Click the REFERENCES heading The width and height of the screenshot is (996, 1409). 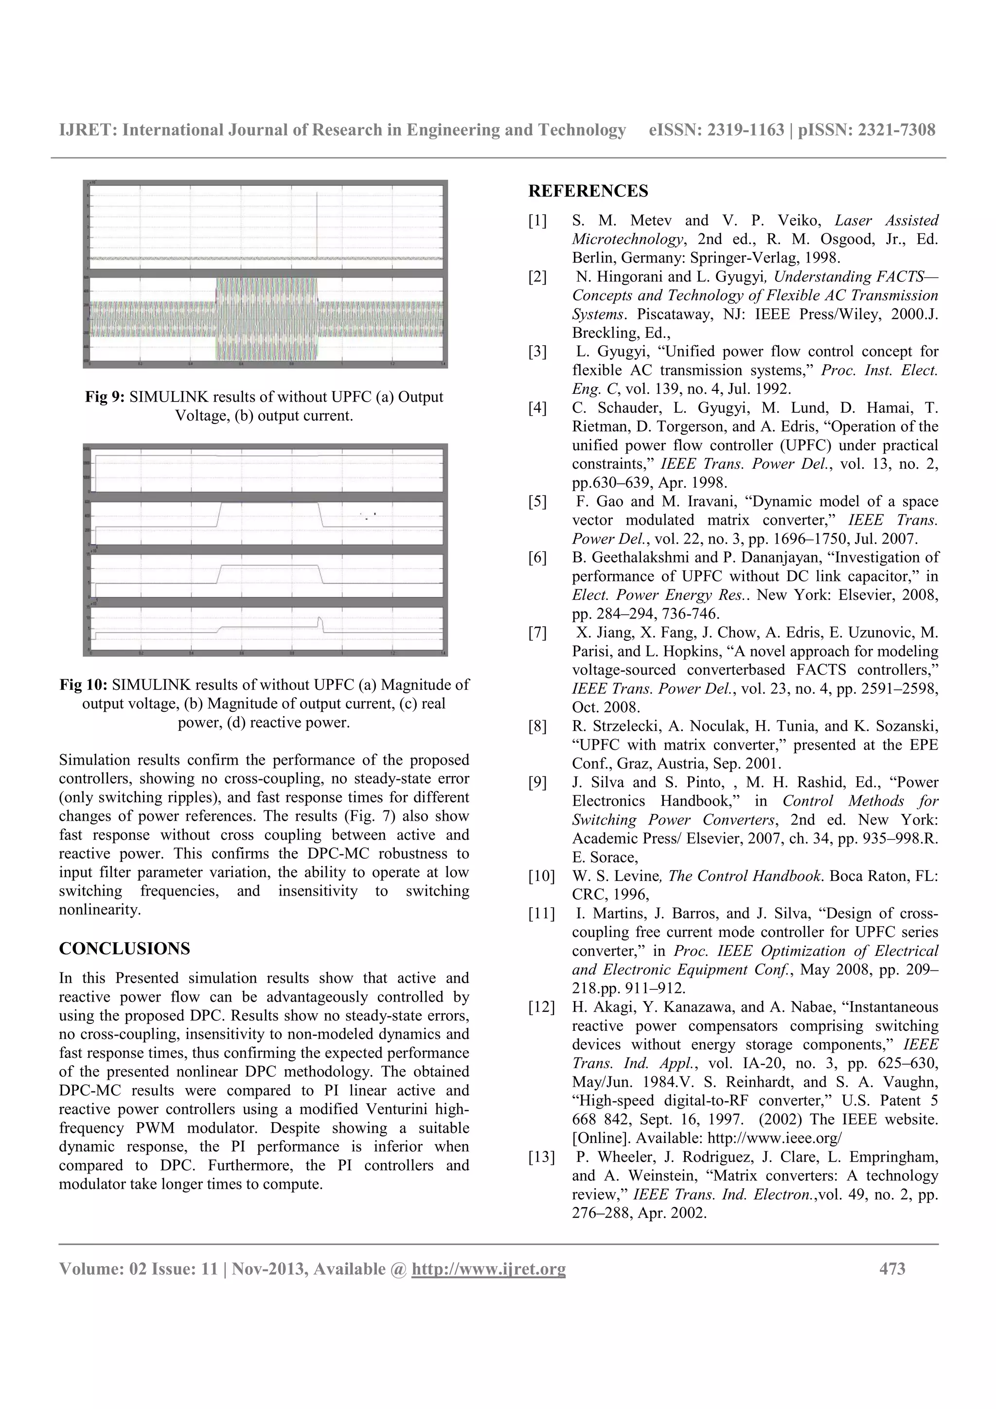[x=588, y=192]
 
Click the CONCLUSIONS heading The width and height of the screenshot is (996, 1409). [x=124, y=948]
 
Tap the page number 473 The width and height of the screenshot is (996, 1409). [x=891, y=1268]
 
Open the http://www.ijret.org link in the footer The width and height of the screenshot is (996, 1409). [x=488, y=1268]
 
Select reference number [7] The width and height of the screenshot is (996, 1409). [x=537, y=633]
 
